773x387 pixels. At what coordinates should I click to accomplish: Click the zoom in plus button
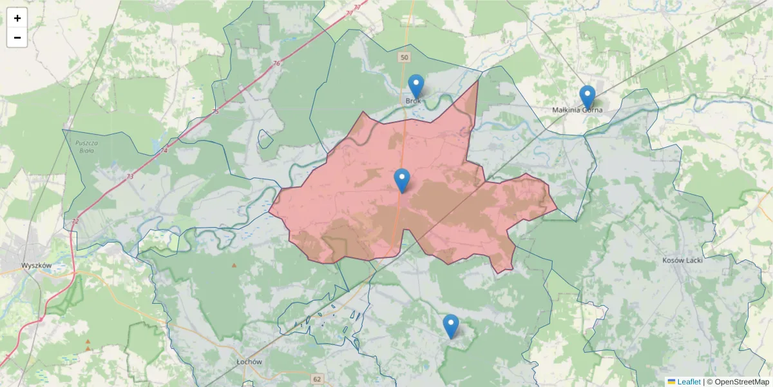17,18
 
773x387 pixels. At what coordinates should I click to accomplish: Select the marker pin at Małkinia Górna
587,97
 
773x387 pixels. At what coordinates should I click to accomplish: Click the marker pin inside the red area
402,180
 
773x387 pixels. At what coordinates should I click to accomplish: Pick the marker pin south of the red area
451,326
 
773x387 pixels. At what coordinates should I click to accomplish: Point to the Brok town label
413,101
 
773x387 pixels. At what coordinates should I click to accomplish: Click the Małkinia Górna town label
577,110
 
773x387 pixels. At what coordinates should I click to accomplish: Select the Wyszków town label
36,265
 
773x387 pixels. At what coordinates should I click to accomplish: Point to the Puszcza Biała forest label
84,146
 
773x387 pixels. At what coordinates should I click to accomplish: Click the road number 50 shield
404,58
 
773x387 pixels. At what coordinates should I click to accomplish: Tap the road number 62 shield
317,379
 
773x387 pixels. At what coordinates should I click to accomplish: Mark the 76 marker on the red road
276,63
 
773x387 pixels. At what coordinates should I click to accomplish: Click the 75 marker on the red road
215,112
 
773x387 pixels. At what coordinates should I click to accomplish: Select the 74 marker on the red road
164,150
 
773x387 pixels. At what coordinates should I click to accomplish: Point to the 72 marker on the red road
75,221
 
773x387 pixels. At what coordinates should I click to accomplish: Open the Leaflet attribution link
689,382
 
